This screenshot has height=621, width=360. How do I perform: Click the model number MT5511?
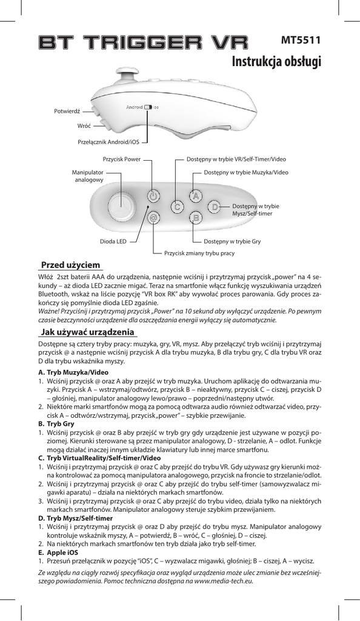pyautogui.click(x=301, y=40)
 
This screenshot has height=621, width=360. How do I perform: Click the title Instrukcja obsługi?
pyautogui.click(x=276, y=61)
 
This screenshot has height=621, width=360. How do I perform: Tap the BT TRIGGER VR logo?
pyautogui.click(x=143, y=42)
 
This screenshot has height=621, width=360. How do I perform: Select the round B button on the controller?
pyautogui.click(x=195, y=218)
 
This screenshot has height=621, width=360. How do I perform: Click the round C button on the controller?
pyautogui.click(x=178, y=207)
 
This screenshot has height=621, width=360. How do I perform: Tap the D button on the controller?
pyautogui.click(x=215, y=207)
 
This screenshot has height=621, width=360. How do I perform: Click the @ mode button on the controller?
pyautogui.click(x=153, y=218)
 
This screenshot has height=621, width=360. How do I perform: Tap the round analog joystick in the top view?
pyautogui.click(x=122, y=207)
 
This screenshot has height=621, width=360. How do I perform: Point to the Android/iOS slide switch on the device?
pyautogui.click(x=148, y=107)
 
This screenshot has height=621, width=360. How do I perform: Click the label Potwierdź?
pyautogui.click(x=67, y=112)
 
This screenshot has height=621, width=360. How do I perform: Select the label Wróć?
pyautogui.click(x=84, y=126)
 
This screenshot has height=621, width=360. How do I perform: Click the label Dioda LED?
pyautogui.click(x=113, y=241)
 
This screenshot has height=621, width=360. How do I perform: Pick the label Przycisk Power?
pyautogui.click(x=121, y=159)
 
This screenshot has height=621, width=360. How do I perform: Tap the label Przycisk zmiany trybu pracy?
pyautogui.click(x=199, y=253)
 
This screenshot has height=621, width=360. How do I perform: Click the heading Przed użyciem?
pyautogui.click(x=71, y=264)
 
